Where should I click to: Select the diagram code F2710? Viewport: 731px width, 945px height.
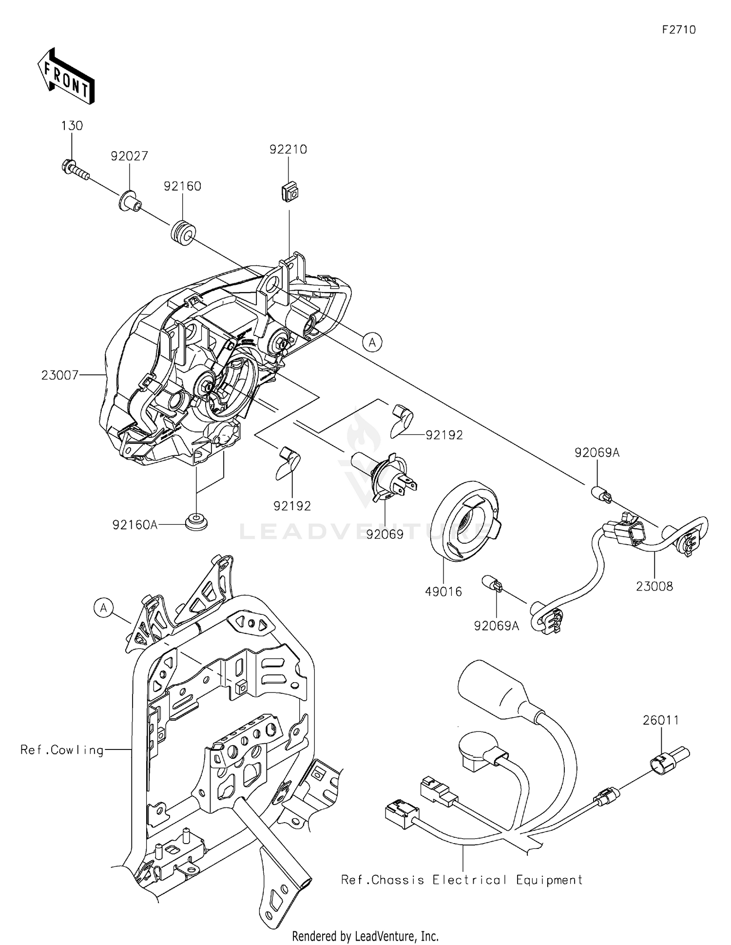point(679,30)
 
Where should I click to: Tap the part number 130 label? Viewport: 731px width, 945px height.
point(72,125)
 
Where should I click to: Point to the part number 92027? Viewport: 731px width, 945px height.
point(129,156)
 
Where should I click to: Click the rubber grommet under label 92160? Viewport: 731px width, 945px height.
point(183,233)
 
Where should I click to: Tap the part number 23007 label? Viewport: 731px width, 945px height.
point(60,375)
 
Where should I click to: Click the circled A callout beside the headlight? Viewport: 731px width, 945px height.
point(372,342)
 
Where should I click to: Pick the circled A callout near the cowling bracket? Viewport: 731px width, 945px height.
point(104,608)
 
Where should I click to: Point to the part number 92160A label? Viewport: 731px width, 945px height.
point(135,525)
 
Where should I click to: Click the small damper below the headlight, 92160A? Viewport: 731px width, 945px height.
point(196,522)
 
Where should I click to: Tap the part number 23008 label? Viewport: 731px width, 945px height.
point(654,586)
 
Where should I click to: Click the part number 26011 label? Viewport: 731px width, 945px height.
point(661,720)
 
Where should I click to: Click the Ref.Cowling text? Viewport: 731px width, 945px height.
point(62,749)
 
